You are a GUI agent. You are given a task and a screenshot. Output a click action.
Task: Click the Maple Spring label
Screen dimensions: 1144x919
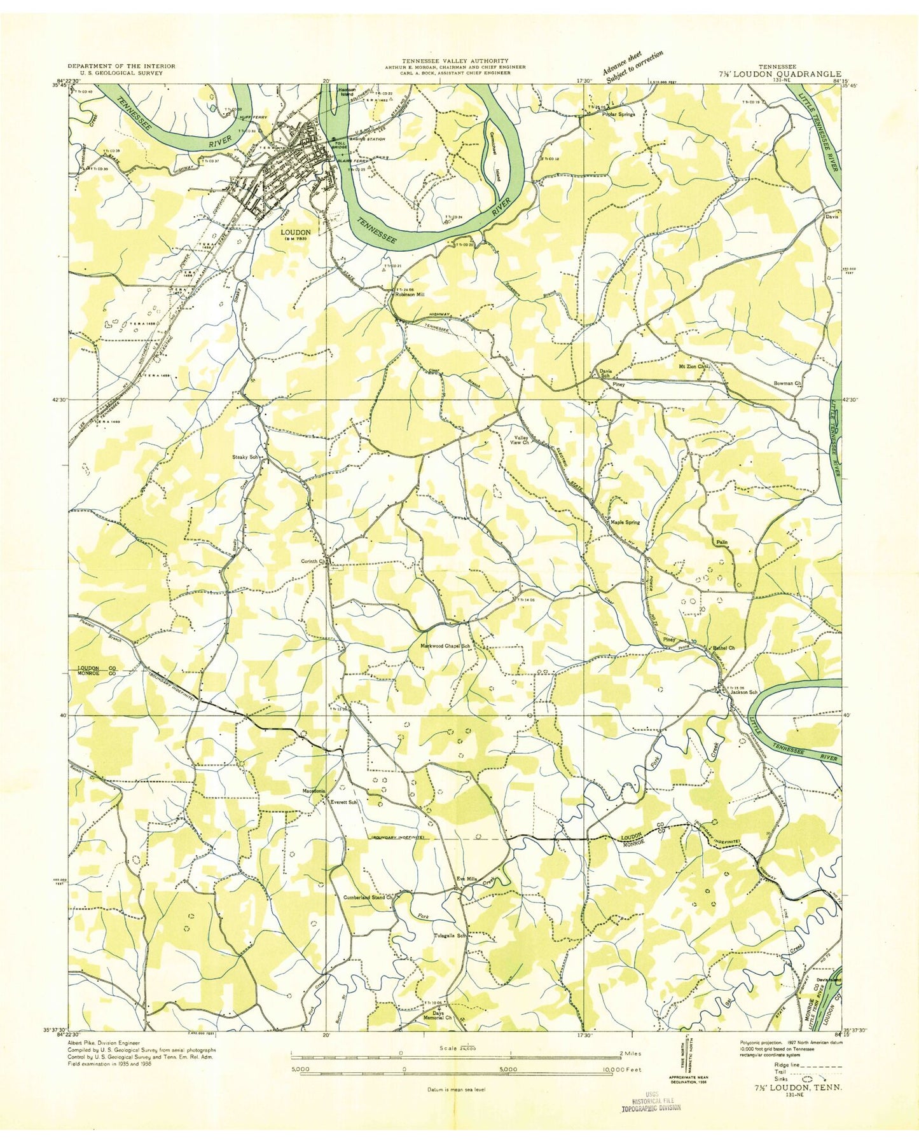(625, 522)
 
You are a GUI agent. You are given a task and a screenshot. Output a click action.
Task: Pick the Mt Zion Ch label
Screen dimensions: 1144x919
(694, 367)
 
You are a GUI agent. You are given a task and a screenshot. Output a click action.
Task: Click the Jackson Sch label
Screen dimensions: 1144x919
(744, 693)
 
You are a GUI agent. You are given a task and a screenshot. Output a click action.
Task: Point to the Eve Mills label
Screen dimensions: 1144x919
(467, 879)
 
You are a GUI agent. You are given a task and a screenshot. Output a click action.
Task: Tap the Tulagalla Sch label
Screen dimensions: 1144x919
(450, 935)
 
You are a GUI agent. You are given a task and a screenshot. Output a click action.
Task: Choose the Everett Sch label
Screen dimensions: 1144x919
(343, 803)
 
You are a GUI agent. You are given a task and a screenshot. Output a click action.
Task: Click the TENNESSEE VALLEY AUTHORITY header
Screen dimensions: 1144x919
(455, 60)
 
